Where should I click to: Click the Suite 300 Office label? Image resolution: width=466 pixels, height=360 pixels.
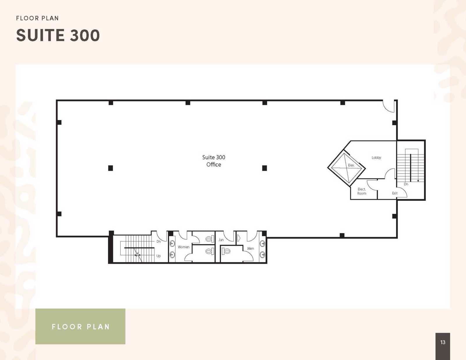tap(213, 161)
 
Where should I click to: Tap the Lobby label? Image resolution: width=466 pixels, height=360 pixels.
tap(376, 158)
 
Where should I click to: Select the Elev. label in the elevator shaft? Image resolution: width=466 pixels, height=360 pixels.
tap(351, 165)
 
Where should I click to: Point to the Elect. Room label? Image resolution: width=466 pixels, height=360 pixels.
tap(361, 191)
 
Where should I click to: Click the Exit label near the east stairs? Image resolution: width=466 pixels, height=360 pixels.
tap(395, 193)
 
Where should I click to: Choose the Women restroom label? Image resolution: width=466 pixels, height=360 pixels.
tap(183, 247)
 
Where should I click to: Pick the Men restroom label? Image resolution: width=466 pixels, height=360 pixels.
tap(250, 248)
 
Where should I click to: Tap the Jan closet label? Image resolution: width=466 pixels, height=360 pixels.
tap(221, 240)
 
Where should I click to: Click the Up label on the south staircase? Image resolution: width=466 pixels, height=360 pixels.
tap(158, 256)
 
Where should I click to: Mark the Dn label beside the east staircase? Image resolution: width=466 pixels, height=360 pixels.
tap(406, 184)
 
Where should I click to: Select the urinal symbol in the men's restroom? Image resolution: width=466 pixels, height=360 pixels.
tap(239, 238)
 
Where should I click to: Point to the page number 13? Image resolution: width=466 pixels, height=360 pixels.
tap(443, 342)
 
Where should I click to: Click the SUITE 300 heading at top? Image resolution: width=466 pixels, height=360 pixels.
tap(58, 36)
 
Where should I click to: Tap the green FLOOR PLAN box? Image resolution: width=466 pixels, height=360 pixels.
tap(80, 327)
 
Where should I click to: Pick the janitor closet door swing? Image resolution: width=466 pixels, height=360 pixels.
tap(229, 237)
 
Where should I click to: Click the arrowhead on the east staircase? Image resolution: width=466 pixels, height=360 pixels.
tap(418, 181)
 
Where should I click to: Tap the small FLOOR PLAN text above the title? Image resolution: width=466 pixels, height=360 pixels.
tap(37, 18)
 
